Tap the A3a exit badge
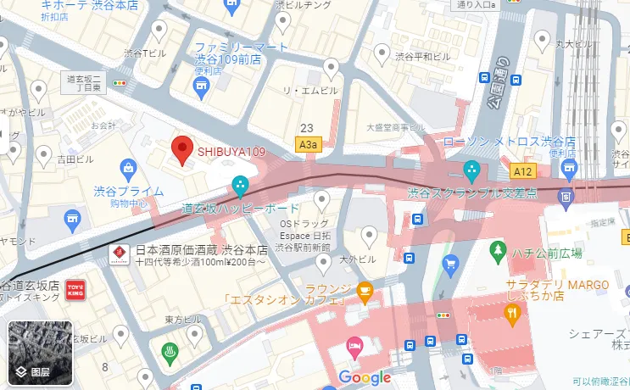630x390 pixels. tap(309, 146)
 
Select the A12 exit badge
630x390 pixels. tap(523, 172)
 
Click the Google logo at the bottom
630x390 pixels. tap(365, 377)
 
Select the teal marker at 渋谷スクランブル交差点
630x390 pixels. tap(471, 169)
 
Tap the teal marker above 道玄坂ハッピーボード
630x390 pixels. tap(241, 184)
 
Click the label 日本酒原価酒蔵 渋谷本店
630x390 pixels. tap(202, 251)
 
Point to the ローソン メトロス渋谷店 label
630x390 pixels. tap(510, 141)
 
